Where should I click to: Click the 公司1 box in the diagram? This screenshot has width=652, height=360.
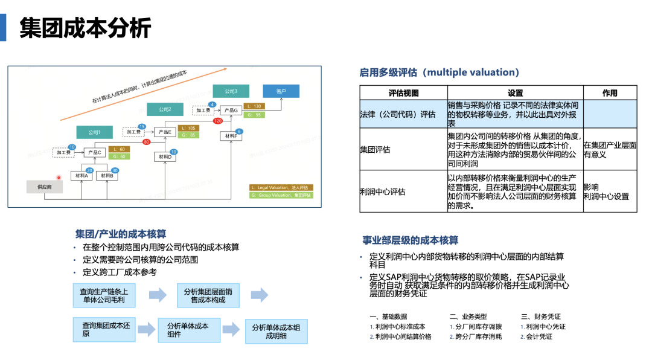94,132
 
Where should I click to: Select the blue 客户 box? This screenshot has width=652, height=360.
281,91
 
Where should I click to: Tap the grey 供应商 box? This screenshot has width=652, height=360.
44,187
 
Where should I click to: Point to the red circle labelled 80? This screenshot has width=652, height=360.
146,143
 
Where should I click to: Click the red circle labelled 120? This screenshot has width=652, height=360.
218,121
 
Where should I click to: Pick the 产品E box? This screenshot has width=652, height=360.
165,132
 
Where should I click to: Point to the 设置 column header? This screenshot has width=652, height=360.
515,93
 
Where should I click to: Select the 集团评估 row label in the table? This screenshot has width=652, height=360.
375,150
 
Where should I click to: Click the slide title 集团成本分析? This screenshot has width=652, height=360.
86,28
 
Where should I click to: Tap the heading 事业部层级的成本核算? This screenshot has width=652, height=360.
410,240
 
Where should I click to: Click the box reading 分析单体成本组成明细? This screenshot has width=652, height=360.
276,332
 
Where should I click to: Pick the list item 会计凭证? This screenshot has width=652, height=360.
539,336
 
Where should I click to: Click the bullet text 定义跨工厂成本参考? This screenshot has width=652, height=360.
120,272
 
